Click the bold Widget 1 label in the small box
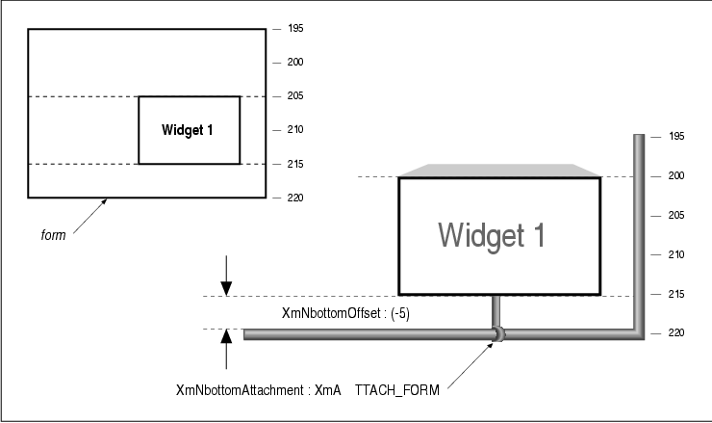pyautogui.click(x=188, y=131)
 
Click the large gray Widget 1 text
pyautogui.click(x=492, y=234)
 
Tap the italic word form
pyautogui.click(x=54, y=233)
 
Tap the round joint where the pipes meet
pyautogui.click(x=498, y=333)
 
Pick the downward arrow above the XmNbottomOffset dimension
pyautogui.click(x=225, y=276)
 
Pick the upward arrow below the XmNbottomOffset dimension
pyautogui.click(x=225, y=349)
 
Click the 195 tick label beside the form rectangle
pyautogui.click(x=295, y=29)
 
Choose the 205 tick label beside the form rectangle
pyautogui.click(x=295, y=96)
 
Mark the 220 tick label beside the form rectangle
pyautogui.click(x=295, y=198)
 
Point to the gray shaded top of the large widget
pyautogui.click(x=499, y=171)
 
